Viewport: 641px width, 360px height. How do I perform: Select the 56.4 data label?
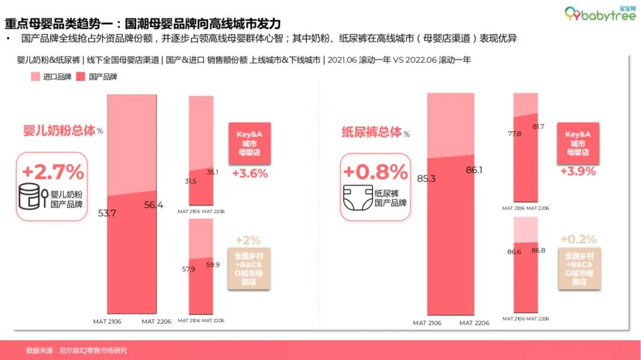tap(156, 205)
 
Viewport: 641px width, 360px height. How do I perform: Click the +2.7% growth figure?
tap(53, 172)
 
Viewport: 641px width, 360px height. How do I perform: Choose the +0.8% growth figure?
tap(376, 172)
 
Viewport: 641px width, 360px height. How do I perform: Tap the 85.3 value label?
tap(427, 178)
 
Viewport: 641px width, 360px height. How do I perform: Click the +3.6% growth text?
tap(250, 174)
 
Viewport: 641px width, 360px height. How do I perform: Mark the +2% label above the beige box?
tap(248, 240)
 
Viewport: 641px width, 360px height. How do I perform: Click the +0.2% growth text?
tap(579, 239)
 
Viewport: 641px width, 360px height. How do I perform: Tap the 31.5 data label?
tap(191, 181)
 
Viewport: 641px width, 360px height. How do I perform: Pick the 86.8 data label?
tap(539, 250)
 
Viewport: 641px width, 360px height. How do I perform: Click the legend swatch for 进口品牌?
tap(35, 77)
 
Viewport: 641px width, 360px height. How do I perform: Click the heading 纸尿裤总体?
tap(370, 132)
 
